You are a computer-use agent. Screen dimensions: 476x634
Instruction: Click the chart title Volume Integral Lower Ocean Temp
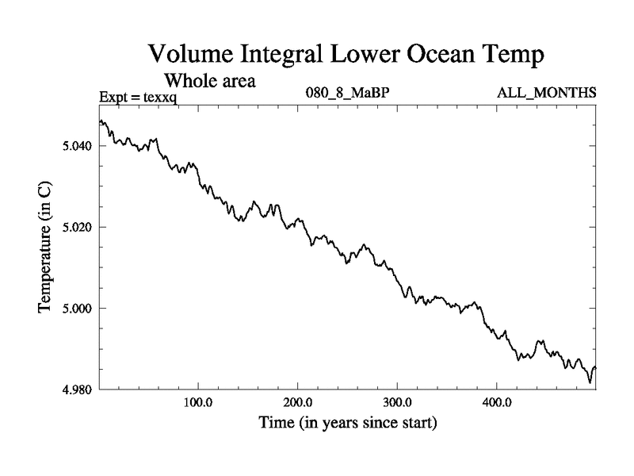pyautogui.click(x=347, y=55)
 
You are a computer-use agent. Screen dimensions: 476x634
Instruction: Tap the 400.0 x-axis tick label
pyautogui.click(x=496, y=403)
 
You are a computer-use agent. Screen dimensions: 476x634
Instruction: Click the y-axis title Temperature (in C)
pyautogui.click(x=46, y=248)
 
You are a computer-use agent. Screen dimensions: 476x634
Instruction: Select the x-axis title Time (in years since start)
pyautogui.click(x=348, y=423)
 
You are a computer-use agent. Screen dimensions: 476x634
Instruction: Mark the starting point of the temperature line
pyautogui.click(x=100, y=121)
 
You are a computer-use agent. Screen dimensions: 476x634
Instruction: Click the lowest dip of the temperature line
pyautogui.click(x=590, y=382)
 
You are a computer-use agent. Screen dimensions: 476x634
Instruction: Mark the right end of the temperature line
pyautogui.click(x=595, y=367)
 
